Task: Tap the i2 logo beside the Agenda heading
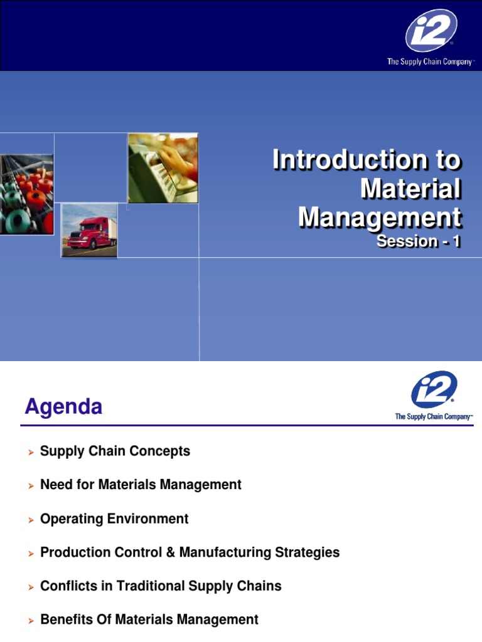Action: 434,389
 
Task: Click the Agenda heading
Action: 63,408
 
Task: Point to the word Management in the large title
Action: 380,218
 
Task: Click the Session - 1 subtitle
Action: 419,241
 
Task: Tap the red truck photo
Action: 88,230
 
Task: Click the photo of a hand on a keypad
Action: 163,168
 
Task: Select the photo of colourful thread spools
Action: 26,194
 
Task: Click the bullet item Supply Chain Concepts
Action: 115,451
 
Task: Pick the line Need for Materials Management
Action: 141,485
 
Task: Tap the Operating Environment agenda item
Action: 114,518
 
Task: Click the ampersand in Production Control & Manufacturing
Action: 171,552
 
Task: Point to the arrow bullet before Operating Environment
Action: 29,520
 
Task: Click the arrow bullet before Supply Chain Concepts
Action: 29,452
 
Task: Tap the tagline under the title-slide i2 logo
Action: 431,62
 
